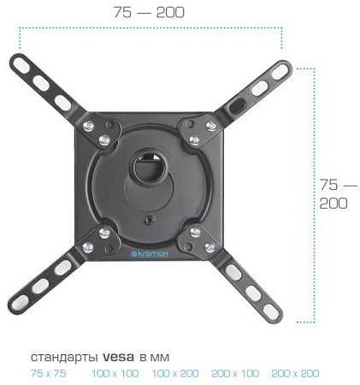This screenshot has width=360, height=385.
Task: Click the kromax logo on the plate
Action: (x=150, y=253)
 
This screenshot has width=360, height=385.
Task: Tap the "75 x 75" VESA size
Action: (x=48, y=373)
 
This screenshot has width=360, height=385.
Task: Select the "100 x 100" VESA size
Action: (x=115, y=373)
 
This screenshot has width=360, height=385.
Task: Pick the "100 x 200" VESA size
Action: (x=175, y=373)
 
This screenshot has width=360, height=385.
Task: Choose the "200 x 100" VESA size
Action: (x=235, y=373)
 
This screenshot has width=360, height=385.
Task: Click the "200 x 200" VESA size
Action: (x=295, y=373)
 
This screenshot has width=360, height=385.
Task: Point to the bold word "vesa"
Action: (x=118, y=357)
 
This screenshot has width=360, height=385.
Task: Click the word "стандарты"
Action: (x=64, y=358)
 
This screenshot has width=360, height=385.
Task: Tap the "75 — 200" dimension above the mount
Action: (x=149, y=13)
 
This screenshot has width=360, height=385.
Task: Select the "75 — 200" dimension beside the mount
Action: (x=338, y=194)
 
